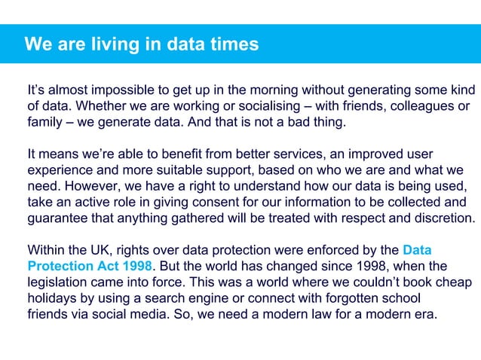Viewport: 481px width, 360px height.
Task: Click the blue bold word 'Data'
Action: coord(417,250)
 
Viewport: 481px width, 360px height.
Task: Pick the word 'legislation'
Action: coord(61,282)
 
